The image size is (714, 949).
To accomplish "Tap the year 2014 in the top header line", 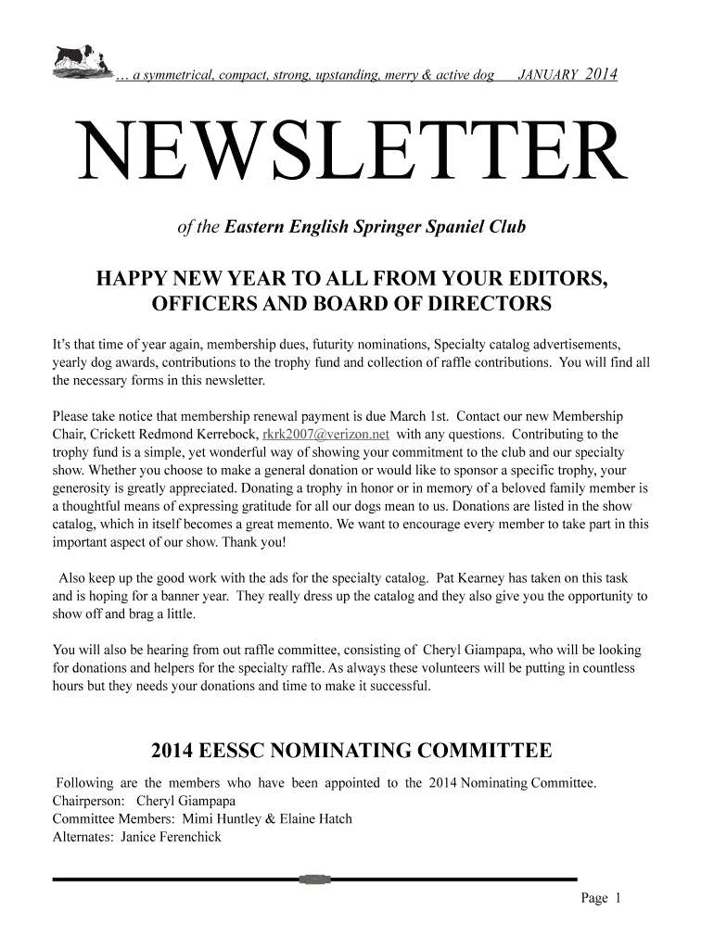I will [x=602, y=74].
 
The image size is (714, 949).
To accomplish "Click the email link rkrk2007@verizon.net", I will [x=326, y=434].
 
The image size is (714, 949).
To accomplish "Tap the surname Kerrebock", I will [x=221, y=434].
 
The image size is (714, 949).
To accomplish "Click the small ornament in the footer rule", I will [x=315, y=878].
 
